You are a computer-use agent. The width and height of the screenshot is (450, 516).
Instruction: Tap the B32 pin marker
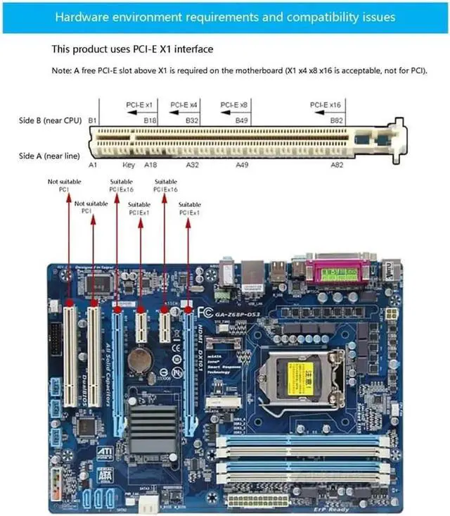192,121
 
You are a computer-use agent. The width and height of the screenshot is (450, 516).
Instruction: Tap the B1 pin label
92,121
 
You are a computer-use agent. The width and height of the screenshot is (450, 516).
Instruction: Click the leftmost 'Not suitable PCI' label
58,185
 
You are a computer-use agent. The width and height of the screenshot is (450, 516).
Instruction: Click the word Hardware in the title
82,16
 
